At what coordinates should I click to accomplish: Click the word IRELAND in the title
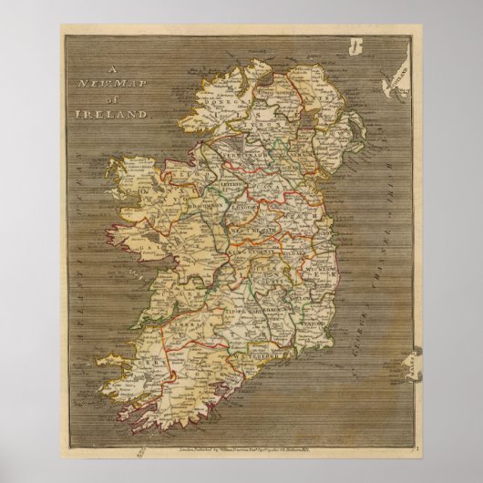click(x=118, y=116)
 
